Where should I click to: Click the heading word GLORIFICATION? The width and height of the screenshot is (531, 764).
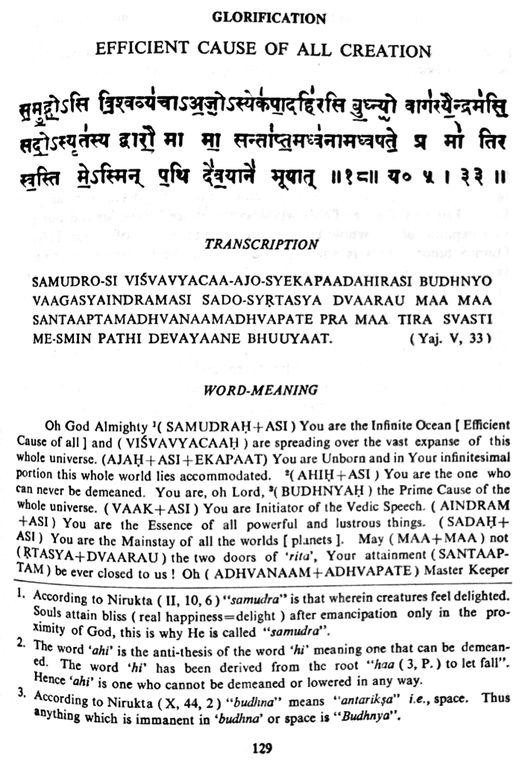[x=269, y=18]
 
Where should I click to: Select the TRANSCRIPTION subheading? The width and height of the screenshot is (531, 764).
[x=262, y=244]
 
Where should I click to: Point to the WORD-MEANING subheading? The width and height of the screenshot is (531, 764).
[x=261, y=389]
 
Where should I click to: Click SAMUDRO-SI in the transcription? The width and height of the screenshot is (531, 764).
[x=68, y=284]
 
